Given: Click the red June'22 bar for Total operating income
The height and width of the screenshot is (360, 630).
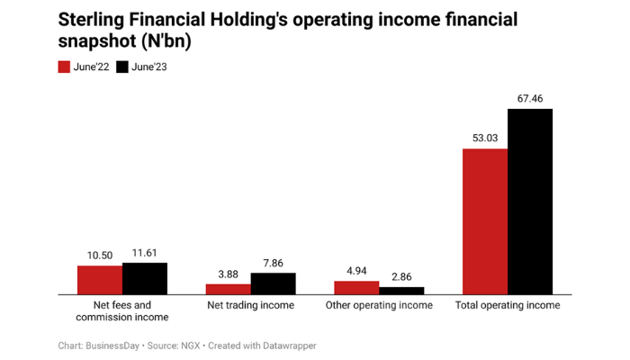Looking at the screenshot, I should click(485, 221).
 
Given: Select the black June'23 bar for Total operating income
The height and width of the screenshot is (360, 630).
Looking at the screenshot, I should click(530, 202).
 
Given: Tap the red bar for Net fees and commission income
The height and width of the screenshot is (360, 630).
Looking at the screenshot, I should click(100, 280).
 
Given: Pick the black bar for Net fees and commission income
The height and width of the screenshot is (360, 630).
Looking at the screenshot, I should click(145, 278).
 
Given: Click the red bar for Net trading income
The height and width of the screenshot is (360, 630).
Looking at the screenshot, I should click(229, 289).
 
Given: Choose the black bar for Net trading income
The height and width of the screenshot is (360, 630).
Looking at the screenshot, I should click(274, 283).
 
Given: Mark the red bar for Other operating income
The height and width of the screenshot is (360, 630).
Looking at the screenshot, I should click(356, 287).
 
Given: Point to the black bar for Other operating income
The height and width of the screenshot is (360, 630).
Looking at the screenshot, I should click(401, 291).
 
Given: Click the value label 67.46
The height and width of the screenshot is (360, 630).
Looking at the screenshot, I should click(530, 99).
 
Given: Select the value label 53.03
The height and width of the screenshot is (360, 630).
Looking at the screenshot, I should click(485, 139).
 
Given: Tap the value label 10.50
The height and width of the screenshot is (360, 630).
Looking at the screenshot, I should click(100, 256).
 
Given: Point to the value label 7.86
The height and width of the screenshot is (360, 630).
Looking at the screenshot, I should click(274, 263).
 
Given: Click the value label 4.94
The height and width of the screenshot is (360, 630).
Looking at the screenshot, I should click(356, 271).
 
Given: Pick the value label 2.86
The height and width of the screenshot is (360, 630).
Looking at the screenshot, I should click(401, 277).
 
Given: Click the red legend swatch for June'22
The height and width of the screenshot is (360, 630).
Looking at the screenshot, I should click(65, 67).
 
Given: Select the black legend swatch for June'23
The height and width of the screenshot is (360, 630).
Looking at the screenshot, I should click(123, 67).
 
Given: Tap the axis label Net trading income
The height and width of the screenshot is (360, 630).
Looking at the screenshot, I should click(251, 306).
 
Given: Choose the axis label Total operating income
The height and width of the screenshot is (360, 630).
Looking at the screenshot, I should click(508, 306).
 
